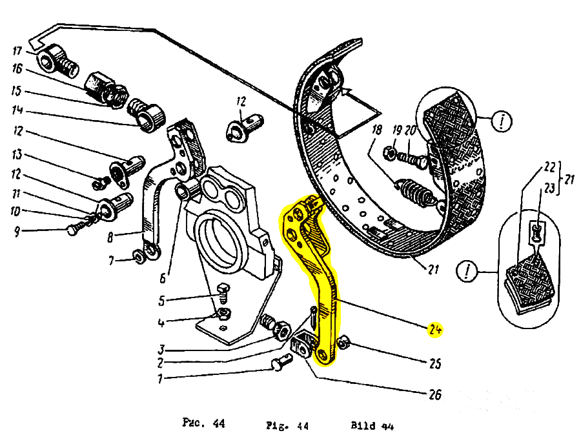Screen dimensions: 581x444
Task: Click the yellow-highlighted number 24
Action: (435, 330)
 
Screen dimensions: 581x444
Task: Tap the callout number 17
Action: (17, 50)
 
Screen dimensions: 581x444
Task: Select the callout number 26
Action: (435, 395)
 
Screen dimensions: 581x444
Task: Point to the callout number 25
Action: (435, 363)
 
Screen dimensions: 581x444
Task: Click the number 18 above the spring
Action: (377, 130)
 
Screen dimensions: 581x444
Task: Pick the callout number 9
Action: (17, 232)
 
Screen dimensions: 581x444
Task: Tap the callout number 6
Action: (163, 277)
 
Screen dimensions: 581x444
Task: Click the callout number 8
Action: (110, 237)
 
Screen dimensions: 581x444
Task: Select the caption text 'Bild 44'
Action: (372, 425)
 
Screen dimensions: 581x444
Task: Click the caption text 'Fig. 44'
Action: (287, 426)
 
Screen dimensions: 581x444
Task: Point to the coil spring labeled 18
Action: (413, 190)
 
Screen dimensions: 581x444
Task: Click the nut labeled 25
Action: (344, 343)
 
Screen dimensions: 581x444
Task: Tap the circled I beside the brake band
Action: (502, 121)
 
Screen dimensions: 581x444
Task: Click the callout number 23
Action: (549, 188)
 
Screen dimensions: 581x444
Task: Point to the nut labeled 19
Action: (391, 152)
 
